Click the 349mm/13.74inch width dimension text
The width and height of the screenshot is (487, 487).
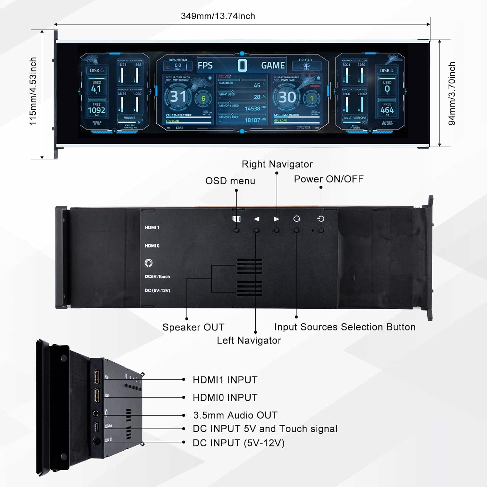pyautogui.click(x=218, y=16)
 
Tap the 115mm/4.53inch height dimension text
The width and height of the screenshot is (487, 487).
pyautogui.click(x=33, y=91)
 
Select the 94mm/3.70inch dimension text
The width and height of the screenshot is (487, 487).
pyautogui.click(x=452, y=94)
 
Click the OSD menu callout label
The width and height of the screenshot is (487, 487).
pyautogui.click(x=230, y=181)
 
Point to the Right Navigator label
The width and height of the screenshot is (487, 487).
pyautogui.click(x=277, y=164)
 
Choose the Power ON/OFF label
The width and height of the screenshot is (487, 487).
pyautogui.click(x=329, y=179)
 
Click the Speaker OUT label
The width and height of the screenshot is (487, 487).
pyautogui.click(x=193, y=327)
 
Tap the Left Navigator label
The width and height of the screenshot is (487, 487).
pyautogui.click(x=249, y=340)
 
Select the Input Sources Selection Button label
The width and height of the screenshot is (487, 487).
pyautogui.click(x=345, y=327)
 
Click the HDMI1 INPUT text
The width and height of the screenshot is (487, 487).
pyautogui.click(x=225, y=380)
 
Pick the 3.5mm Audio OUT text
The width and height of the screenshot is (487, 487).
pyautogui.click(x=235, y=415)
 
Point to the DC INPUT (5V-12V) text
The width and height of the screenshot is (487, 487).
pyautogui.click(x=239, y=443)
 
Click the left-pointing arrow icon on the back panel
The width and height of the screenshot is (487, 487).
pyautogui.click(x=256, y=219)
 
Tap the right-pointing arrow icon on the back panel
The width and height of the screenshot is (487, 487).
pyautogui.click(x=276, y=219)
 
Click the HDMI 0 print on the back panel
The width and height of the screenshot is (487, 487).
pyautogui.click(x=152, y=246)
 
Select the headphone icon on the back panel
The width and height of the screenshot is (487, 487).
pyautogui.click(x=149, y=263)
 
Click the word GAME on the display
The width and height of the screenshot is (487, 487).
pyautogui.click(x=273, y=66)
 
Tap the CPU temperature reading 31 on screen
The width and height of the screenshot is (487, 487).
pyautogui.click(x=178, y=97)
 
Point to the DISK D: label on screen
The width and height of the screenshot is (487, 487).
pyautogui.click(x=387, y=70)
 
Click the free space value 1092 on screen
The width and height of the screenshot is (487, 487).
pyautogui.click(x=96, y=110)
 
